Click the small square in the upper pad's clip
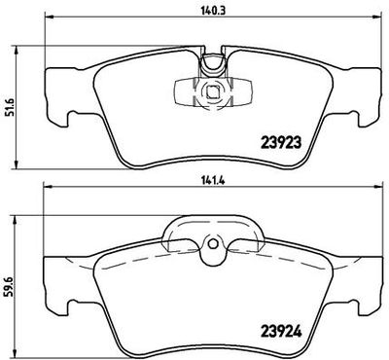212,93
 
